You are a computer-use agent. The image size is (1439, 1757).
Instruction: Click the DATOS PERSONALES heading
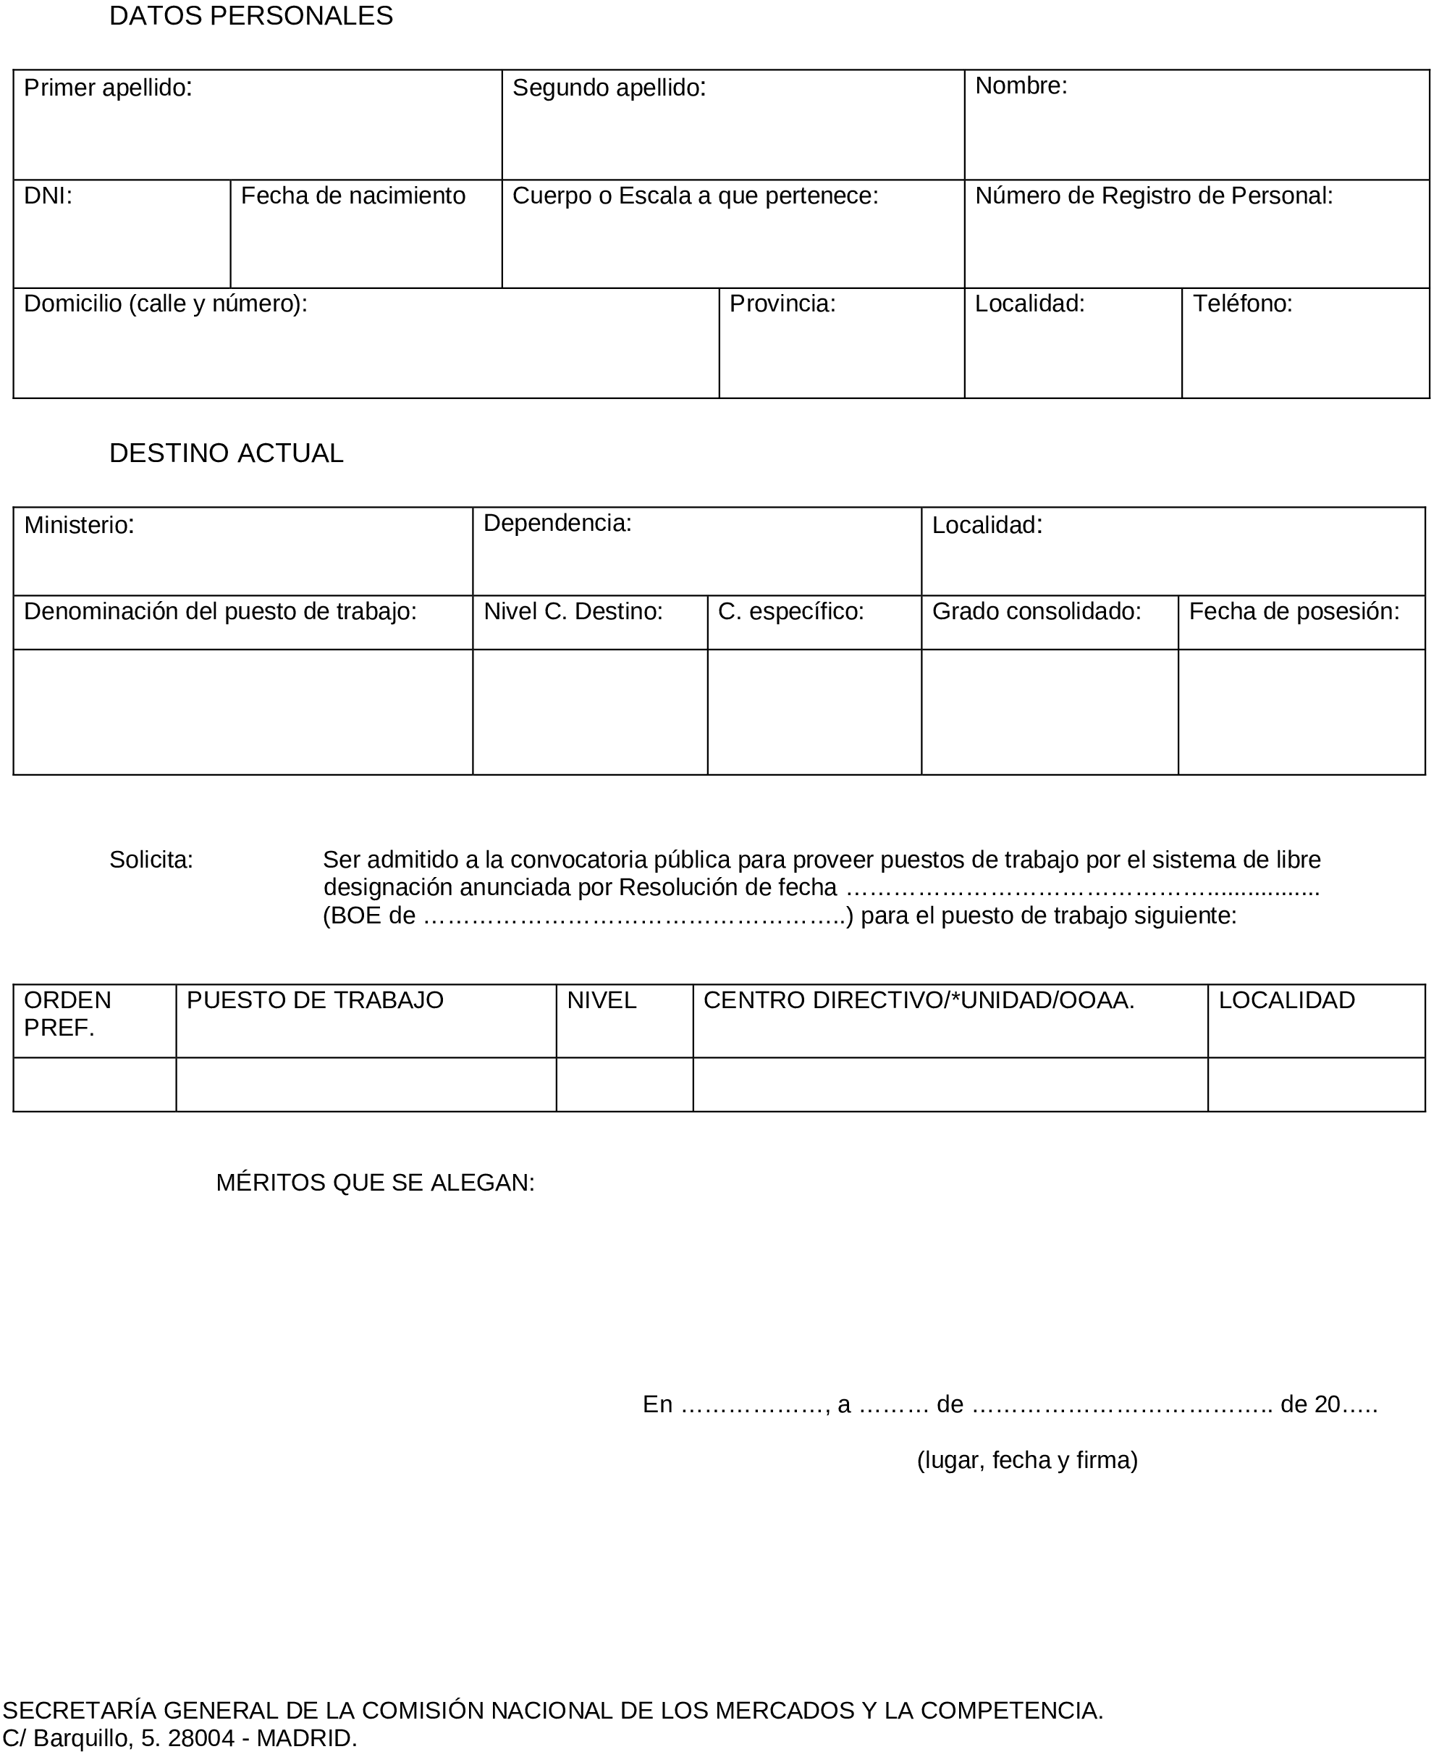tap(251, 17)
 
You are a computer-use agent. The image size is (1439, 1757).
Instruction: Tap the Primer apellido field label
tap(108, 88)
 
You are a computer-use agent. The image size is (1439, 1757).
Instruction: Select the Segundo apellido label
tap(609, 88)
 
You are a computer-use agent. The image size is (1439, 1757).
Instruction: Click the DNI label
tap(48, 196)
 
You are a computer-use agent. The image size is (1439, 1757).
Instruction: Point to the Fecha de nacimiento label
tap(353, 196)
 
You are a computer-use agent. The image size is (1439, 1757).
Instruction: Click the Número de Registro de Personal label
tap(1154, 196)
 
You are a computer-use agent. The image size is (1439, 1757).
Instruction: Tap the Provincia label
tap(782, 304)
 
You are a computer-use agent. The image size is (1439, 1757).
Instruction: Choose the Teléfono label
tap(1243, 304)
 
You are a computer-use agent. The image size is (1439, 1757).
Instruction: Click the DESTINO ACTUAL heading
tap(227, 453)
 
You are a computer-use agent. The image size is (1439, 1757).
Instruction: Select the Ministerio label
tap(79, 525)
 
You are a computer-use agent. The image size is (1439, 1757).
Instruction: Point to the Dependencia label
tap(557, 523)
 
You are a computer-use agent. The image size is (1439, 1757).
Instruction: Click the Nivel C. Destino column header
tap(573, 612)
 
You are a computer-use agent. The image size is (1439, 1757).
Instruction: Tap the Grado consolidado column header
tap(1036, 612)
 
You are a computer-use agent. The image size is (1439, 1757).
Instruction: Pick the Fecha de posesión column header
tap(1294, 612)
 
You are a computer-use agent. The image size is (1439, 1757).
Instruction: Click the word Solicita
tap(151, 860)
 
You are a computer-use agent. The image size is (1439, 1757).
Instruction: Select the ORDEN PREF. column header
tap(67, 1013)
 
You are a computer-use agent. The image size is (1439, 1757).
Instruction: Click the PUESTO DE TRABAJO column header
tap(315, 1000)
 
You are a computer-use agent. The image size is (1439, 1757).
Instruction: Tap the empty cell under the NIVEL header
tap(624, 1085)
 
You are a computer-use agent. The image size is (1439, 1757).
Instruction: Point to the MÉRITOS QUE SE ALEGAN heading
tap(376, 1183)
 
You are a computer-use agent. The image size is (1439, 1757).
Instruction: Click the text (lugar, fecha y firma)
tap(1027, 1459)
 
